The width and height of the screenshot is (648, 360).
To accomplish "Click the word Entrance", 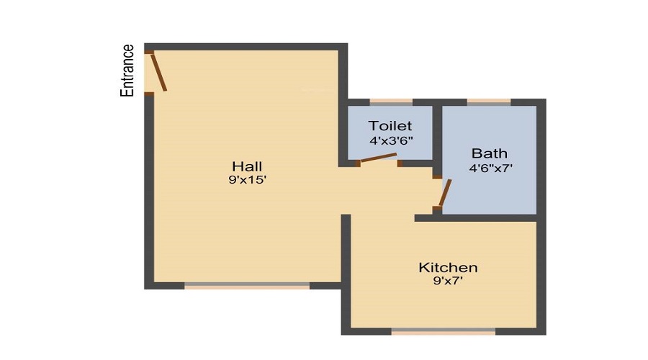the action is (x=127, y=71).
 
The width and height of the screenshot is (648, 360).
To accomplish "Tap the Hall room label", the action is (x=247, y=166).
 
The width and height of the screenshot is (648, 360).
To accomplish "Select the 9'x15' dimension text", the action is (x=247, y=180).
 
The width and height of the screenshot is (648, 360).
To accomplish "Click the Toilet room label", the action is (x=390, y=126).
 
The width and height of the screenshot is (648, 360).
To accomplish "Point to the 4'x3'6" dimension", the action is (x=391, y=141).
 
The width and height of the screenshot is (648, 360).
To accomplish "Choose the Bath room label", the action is (x=490, y=153).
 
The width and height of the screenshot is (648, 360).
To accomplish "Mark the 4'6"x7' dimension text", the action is (x=490, y=168).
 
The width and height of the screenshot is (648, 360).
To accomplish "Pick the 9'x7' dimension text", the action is (x=448, y=281).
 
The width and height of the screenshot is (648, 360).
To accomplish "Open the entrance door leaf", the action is (x=158, y=72).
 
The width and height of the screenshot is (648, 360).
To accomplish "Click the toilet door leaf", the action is (x=379, y=158).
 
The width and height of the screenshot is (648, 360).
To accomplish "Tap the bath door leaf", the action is (x=445, y=193).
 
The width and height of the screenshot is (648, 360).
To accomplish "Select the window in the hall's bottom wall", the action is (x=247, y=286).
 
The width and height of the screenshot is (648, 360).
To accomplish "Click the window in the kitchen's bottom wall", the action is (x=444, y=331).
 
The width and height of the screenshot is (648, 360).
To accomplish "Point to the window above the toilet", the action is (x=391, y=102).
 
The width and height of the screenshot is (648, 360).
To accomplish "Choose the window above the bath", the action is (x=489, y=102).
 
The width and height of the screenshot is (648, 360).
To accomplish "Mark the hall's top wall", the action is (x=246, y=47).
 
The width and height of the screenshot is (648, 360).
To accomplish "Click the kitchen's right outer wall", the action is (x=541, y=278).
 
